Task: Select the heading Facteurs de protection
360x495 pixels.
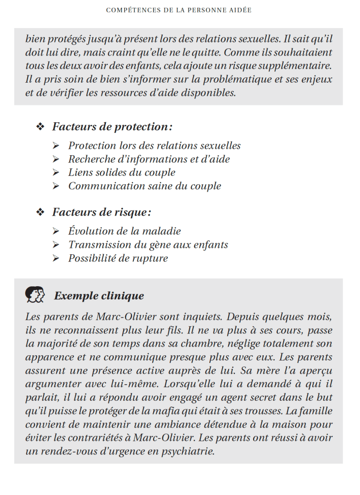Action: click(112, 127)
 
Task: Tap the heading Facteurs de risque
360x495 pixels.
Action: click(101, 212)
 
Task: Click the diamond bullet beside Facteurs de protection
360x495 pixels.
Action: click(40, 127)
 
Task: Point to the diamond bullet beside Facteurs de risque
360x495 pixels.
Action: click(40, 212)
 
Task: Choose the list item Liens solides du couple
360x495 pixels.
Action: click(122, 173)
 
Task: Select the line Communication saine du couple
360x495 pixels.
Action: click(144, 186)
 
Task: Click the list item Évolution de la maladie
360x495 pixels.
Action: click(125, 232)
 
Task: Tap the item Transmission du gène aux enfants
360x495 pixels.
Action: click(148, 245)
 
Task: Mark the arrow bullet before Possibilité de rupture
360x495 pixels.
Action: click(57, 259)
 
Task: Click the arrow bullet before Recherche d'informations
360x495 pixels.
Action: click(57, 160)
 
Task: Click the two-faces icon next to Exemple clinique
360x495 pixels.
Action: click(35, 294)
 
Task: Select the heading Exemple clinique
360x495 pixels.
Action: click(99, 295)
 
